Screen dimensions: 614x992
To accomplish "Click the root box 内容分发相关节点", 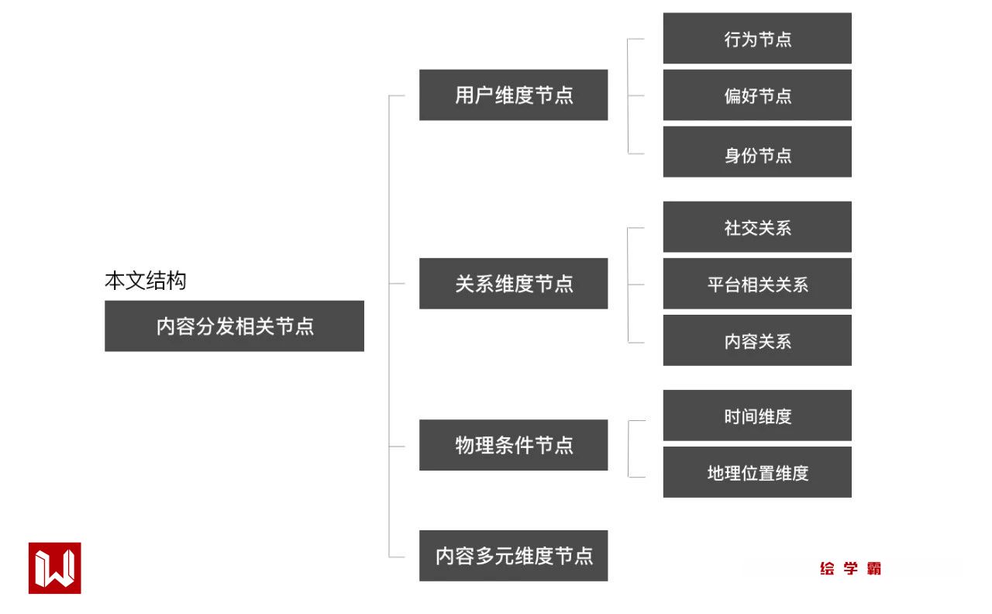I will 234,326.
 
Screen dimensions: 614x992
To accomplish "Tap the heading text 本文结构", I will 146,281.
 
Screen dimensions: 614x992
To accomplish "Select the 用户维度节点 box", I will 513,95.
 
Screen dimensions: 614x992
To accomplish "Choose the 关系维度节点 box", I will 513,284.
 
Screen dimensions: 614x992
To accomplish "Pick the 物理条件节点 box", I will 513,445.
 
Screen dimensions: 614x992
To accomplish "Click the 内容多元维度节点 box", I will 513,556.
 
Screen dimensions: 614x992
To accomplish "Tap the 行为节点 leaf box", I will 757,39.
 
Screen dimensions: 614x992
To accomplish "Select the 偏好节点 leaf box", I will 757,95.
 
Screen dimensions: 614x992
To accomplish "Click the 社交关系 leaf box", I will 757,227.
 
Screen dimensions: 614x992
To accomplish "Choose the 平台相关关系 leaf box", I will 757,284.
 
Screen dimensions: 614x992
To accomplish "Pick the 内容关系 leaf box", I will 757,340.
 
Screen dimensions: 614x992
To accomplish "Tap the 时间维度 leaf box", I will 757,416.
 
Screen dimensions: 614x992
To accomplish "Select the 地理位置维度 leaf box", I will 757,472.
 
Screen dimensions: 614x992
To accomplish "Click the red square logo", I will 55,568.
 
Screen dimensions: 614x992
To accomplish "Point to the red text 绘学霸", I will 850,568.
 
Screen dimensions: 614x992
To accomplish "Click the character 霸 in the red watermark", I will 873,568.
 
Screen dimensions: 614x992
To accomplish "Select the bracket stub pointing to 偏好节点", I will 636,96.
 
